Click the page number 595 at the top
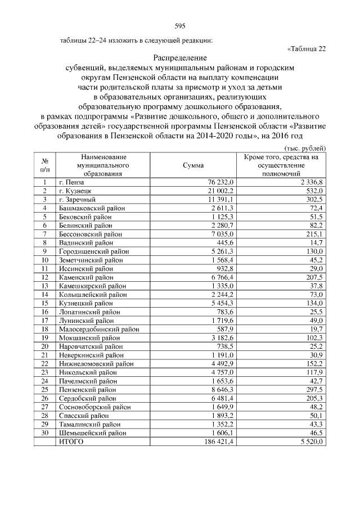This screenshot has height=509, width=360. pos(180,26)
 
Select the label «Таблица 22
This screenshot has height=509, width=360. pos(307,48)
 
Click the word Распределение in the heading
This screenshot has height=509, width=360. pos(180,58)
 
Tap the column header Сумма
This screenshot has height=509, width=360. pos(194,166)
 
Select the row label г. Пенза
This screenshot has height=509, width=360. pos(71,182)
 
